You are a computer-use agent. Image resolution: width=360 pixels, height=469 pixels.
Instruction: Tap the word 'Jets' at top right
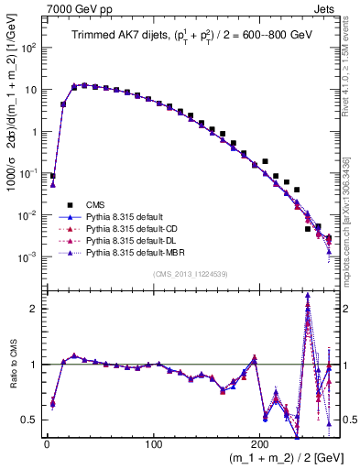point(324,7)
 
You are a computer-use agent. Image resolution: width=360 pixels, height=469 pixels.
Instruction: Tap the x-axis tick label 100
point(155,445)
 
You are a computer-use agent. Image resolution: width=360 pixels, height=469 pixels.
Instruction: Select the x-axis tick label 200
point(263,445)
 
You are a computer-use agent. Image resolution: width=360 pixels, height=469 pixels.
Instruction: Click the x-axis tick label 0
point(47,445)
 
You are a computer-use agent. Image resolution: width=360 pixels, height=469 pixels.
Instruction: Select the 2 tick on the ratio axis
point(35,309)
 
